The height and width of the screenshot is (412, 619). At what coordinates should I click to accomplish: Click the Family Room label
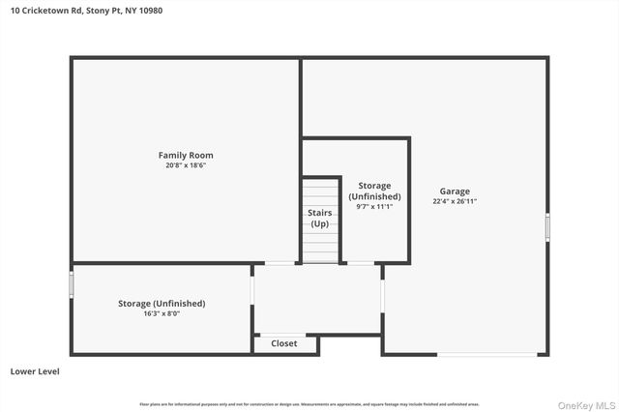click(x=186, y=155)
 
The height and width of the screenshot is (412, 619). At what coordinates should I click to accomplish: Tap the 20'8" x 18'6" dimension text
click(x=186, y=165)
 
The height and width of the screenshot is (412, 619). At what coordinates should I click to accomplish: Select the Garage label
click(x=455, y=191)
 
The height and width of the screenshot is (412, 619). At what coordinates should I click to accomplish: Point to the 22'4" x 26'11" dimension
click(x=455, y=201)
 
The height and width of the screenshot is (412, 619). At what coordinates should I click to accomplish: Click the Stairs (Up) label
click(x=319, y=218)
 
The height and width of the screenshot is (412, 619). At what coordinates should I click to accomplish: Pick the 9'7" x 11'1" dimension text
click(x=373, y=206)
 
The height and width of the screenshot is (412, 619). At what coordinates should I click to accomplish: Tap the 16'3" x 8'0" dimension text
click(x=162, y=313)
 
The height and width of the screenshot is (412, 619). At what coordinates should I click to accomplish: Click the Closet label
click(x=284, y=343)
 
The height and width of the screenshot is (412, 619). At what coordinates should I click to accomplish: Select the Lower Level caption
click(x=35, y=370)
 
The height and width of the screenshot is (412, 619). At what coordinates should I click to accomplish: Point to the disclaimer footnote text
click(x=309, y=403)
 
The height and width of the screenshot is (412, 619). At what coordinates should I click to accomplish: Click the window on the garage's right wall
click(x=547, y=227)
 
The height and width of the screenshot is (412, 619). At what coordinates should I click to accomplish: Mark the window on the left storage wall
click(x=72, y=284)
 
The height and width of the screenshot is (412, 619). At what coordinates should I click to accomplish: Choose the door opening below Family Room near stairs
click(x=281, y=263)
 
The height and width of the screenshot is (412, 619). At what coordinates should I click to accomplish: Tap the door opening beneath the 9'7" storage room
click(x=361, y=263)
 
